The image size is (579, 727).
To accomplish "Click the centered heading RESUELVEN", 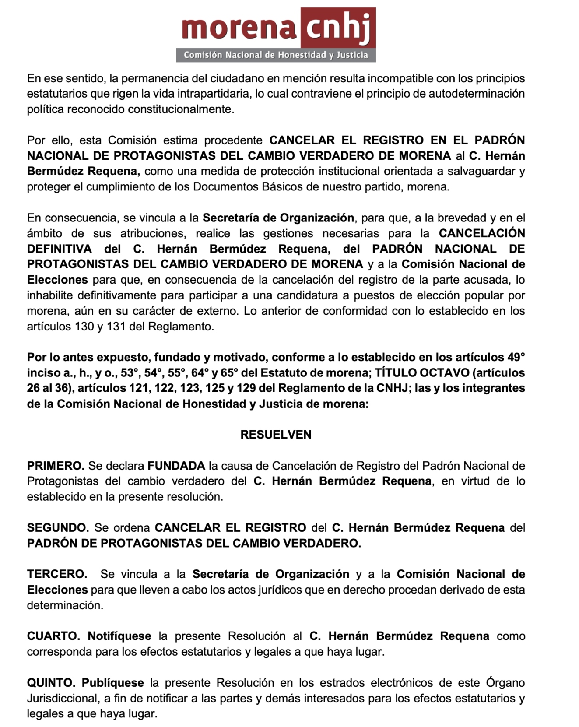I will [276, 435].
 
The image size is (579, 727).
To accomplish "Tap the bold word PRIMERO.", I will [56, 466].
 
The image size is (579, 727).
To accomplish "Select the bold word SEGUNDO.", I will [58, 528].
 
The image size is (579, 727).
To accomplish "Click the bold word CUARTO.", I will [53, 636].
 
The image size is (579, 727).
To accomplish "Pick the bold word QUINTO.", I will [51, 683].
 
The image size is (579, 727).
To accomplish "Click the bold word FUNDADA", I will [176, 466].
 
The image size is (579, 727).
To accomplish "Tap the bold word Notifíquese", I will [119, 636].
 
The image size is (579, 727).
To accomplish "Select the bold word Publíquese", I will [113, 683].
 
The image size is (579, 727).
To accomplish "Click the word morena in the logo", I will [239, 28].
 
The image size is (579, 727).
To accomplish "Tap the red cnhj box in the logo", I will [338, 28].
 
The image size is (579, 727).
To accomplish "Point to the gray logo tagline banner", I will [276, 55].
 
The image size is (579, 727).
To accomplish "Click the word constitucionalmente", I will [181, 109].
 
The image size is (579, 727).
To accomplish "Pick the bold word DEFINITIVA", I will [59, 249].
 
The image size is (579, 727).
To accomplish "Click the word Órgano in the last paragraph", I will [505, 683].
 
